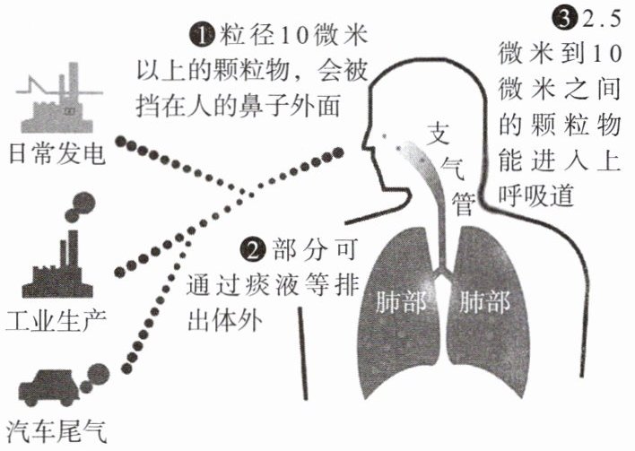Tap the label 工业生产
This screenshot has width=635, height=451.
click(56, 319)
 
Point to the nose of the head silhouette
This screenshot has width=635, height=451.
click(367, 140)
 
